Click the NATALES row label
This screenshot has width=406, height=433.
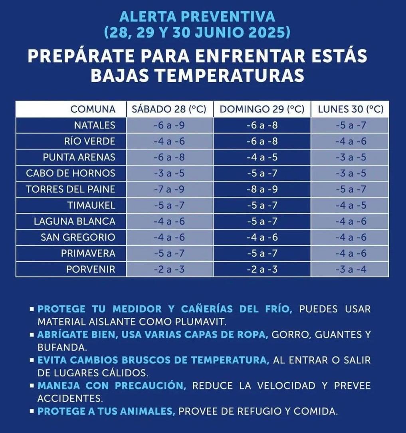(94, 125)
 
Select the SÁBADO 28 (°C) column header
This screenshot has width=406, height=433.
(169, 109)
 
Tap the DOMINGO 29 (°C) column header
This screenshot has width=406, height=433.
(262, 109)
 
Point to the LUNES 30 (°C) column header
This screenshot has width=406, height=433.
(351, 109)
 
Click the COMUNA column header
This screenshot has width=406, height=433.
(93, 109)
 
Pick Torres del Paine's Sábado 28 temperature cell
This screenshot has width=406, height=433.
(169, 189)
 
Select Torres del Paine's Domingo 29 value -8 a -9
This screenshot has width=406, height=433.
(262, 189)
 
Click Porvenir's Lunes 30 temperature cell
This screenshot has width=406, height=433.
(351, 269)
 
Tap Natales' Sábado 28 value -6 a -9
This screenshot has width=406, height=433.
(169, 125)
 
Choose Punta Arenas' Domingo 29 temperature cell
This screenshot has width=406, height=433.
(262, 157)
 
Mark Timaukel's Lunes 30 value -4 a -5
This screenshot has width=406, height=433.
(351, 206)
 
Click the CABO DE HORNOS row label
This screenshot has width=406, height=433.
(71, 173)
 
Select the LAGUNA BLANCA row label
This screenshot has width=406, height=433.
(74, 221)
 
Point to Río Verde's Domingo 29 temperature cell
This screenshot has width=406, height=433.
(262, 141)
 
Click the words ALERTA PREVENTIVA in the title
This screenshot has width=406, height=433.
(197, 17)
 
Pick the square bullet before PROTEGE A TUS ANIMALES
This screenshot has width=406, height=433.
(32, 411)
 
